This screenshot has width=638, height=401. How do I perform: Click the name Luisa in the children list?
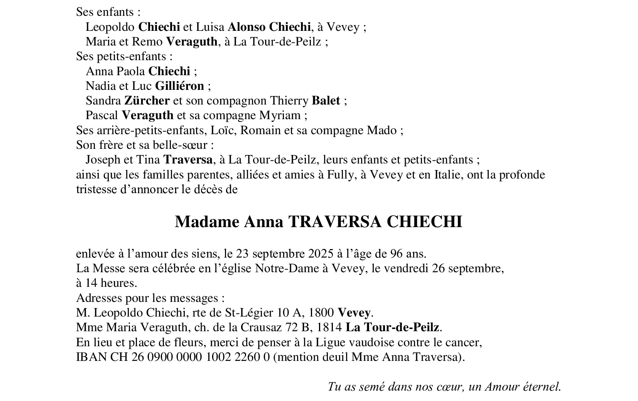click(x=210, y=27)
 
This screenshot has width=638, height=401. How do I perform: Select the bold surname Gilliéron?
click(x=179, y=86)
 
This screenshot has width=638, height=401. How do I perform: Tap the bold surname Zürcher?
click(x=147, y=101)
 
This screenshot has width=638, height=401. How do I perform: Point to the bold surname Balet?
click(x=326, y=101)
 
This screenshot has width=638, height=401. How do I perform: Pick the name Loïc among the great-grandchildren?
click(x=222, y=130)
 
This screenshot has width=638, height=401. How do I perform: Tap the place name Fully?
click(x=339, y=175)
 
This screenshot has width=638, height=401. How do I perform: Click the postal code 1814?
click(x=329, y=327)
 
